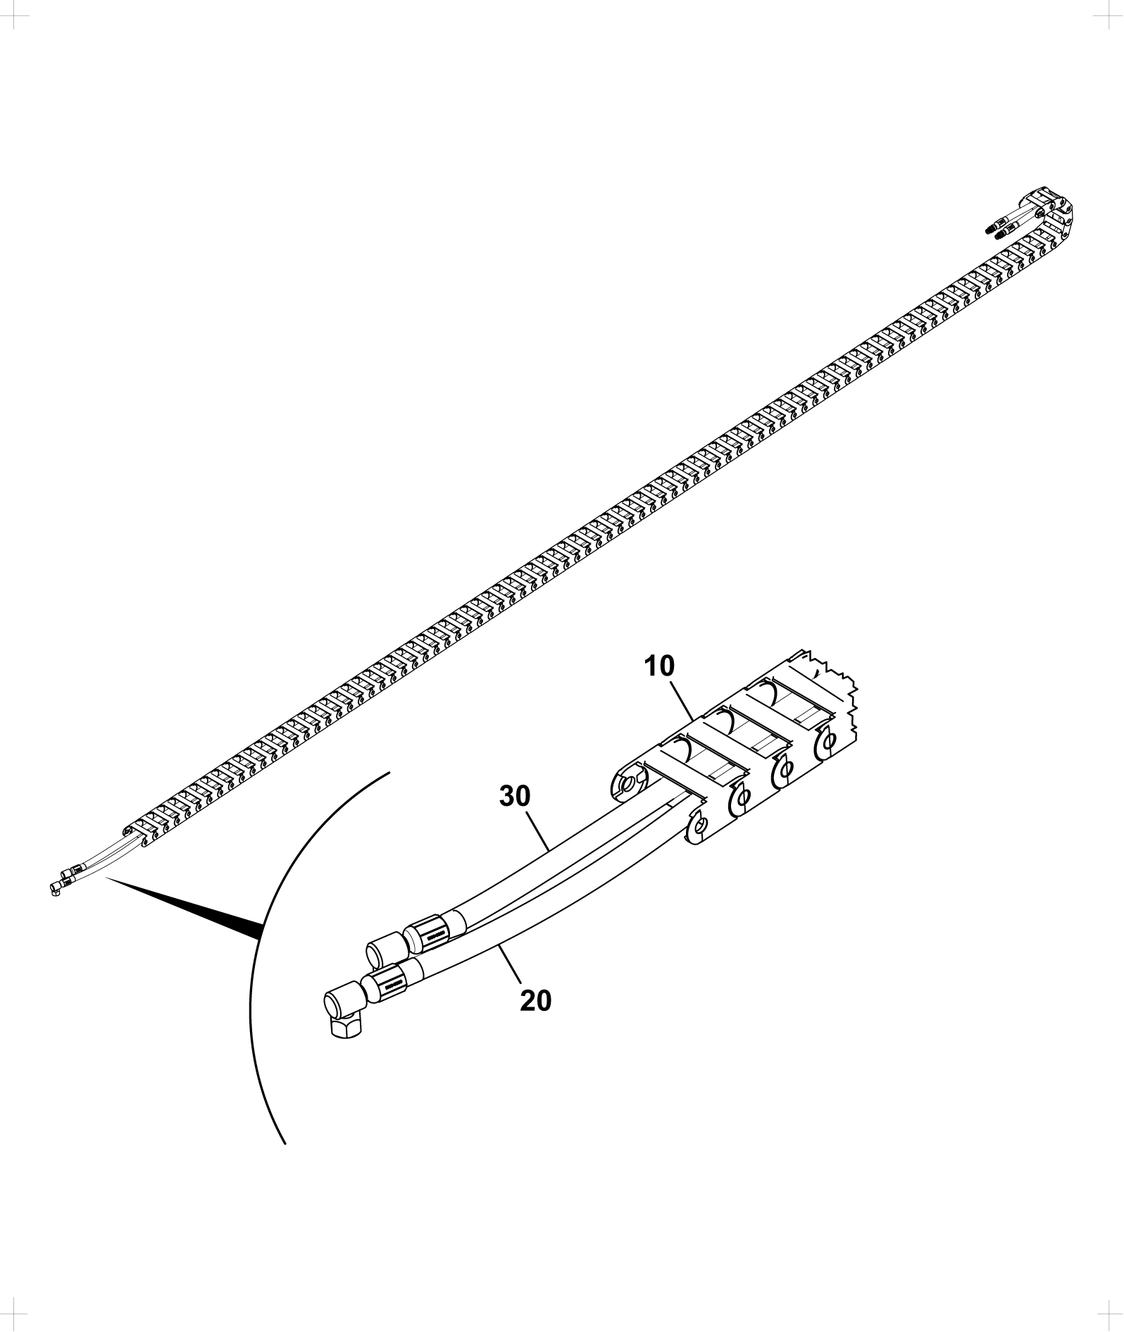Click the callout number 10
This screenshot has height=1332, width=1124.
660,666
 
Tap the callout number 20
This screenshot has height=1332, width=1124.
536,1000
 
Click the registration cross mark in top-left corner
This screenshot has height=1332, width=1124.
13,13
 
